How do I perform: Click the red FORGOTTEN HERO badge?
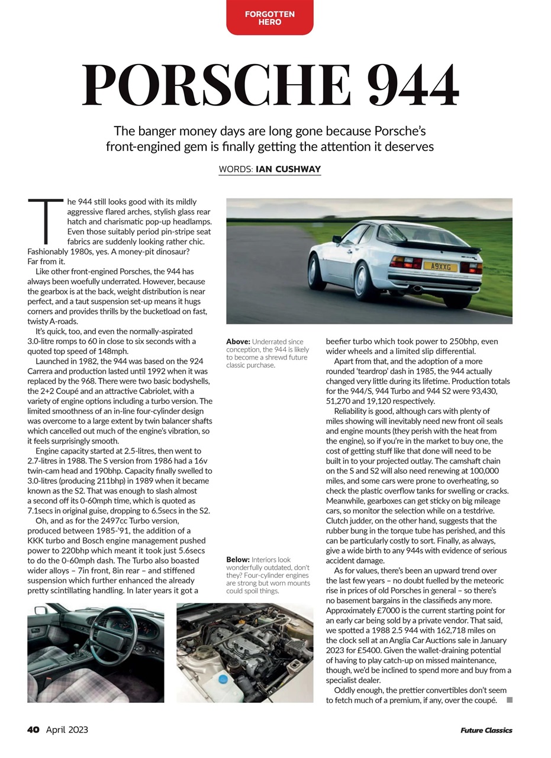point(269,18)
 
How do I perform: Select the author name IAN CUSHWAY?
point(288,169)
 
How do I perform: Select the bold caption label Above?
point(238,342)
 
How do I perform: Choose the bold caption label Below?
point(238,560)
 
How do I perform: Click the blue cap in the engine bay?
point(223,679)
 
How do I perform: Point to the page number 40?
point(33,730)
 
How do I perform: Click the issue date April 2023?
point(67,730)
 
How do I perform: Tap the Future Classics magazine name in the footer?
point(486,730)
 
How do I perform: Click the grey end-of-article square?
point(509,700)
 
